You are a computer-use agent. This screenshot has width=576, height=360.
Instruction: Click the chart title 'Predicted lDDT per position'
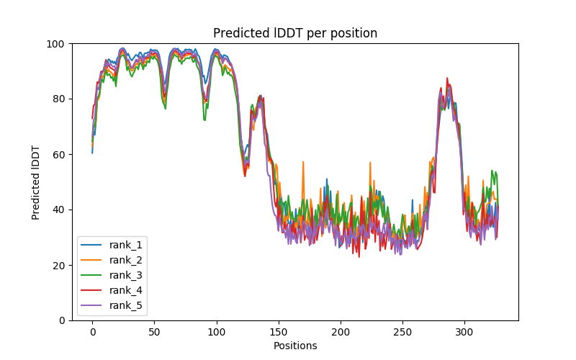295,33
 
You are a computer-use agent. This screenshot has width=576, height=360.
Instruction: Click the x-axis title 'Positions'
295,346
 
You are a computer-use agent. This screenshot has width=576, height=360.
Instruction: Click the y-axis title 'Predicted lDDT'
36,182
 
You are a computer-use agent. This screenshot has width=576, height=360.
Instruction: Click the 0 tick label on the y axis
62,320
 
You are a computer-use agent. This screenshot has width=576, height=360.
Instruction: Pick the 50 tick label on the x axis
154,333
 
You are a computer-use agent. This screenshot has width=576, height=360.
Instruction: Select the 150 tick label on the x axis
279,333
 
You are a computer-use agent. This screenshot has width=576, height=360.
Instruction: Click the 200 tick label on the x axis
341,333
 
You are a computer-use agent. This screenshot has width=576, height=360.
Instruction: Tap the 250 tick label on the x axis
402,333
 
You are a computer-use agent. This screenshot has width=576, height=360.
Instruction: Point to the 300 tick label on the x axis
464,333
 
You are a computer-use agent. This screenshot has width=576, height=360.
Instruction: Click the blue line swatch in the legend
94,245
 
